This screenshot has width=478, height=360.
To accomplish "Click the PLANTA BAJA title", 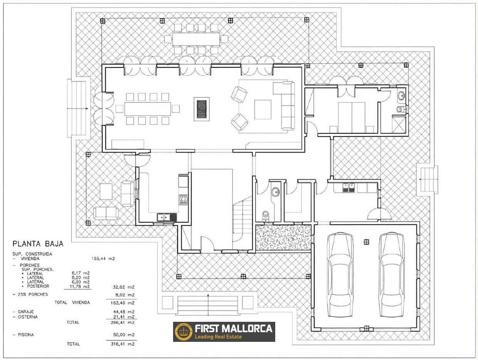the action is [x=38, y=243].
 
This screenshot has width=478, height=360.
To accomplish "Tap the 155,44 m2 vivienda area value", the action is [x=103, y=259].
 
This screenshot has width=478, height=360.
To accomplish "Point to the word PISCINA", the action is [x=26, y=335].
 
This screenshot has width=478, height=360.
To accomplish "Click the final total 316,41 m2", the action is [x=123, y=344].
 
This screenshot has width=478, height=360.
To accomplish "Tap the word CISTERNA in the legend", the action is [x=28, y=317].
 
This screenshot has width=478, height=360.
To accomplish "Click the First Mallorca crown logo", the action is [x=183, y=332].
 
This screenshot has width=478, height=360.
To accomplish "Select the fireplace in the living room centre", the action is [x=202, y=109].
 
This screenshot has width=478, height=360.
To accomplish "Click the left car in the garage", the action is [x=340, y=275].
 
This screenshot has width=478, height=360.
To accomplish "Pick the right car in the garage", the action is [x=392, y=275].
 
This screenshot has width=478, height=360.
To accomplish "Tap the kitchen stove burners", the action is [x=183, y=200].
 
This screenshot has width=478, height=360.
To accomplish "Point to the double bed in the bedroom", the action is [x=352, y=118].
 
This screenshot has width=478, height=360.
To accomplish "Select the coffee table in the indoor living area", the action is [x=263, y=110].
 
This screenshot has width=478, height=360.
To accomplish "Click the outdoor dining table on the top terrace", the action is [x=196, y=39].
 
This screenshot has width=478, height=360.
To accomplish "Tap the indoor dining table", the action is [x=147, y=109].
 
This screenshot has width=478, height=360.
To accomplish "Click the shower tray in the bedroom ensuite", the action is [x=399, y=125].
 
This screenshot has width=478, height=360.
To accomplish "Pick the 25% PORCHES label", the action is [x=30, y=294].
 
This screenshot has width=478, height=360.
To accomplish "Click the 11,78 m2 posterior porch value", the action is [x=79, y=286].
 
